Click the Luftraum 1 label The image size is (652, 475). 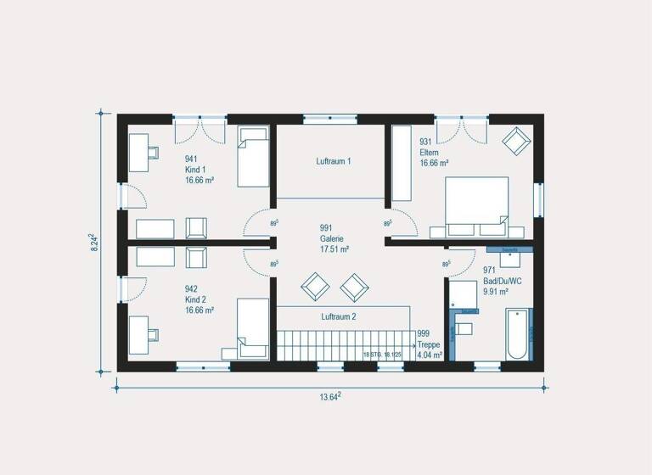(334, 160)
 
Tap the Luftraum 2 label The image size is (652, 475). (339, 316)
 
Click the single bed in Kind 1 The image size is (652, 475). (252, 156)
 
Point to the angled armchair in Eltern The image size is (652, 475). (514, 141)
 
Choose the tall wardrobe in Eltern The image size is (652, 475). (400, 164)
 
